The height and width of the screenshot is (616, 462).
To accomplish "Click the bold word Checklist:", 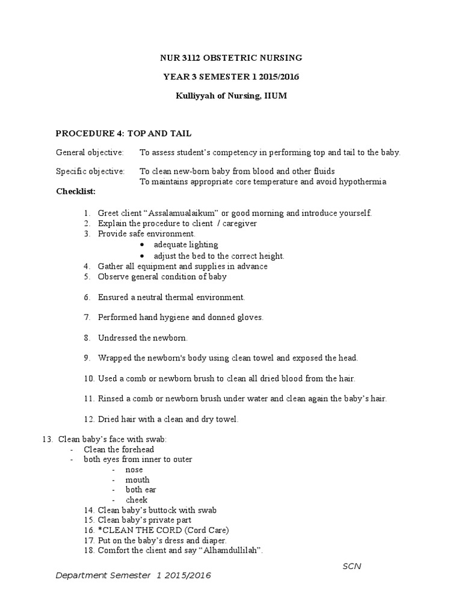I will click(x=76, y=191).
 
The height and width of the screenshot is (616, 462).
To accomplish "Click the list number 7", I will click(x=87, y=317).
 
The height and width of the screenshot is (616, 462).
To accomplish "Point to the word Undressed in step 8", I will click(x=118, y=337).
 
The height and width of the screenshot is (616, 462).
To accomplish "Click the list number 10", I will click(x=88, y=378).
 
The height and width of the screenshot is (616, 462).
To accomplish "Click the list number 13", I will click(x=47, y=440).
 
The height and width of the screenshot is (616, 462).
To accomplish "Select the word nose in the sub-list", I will click(x=134, y=470).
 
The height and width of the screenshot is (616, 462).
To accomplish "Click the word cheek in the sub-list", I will click(x=137, y=500).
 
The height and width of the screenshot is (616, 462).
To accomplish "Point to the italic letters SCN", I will click(x=352, y=566).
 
